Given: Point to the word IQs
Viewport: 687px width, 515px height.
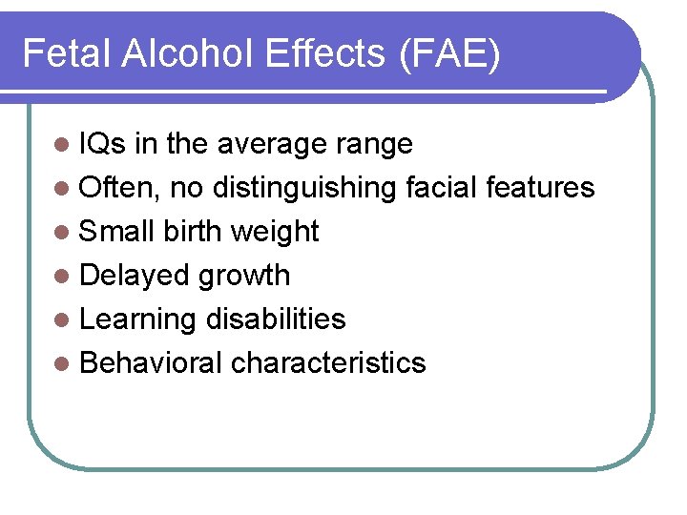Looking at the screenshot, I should point(103,144).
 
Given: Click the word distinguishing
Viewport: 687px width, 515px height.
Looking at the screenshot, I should point(304,189).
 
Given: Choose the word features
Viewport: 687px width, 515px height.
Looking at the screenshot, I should point(540,188).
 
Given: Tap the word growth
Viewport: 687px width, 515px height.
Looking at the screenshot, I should point(244,277).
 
